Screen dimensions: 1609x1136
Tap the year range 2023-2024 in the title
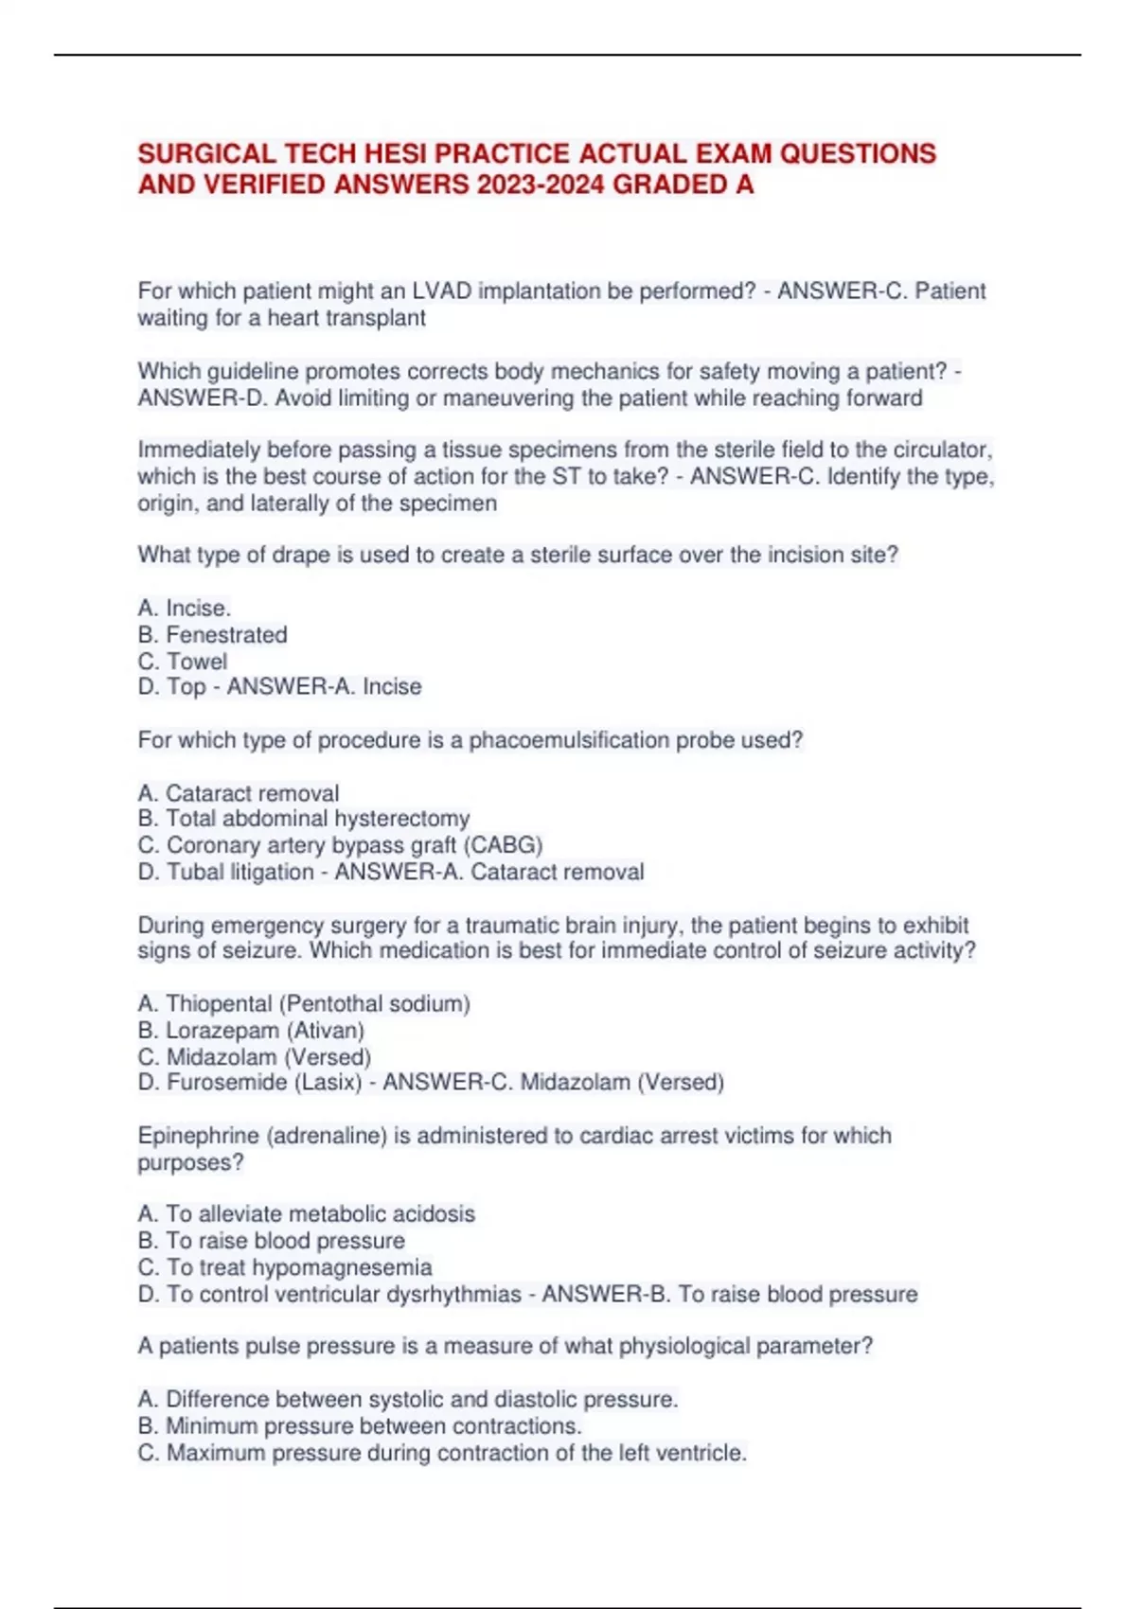pos(541,184)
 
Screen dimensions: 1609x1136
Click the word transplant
pos(375,318)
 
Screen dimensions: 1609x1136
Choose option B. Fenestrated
pos(212,634)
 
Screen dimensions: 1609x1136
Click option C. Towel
pos(183,661)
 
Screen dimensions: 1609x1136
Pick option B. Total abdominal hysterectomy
pos(304,819)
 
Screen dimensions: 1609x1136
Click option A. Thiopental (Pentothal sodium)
pos(304,1003)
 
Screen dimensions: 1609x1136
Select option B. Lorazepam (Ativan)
pos(251,1030)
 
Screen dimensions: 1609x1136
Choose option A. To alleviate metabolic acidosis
pos(307,1213)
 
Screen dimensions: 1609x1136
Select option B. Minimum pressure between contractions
pos(360,1425)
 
